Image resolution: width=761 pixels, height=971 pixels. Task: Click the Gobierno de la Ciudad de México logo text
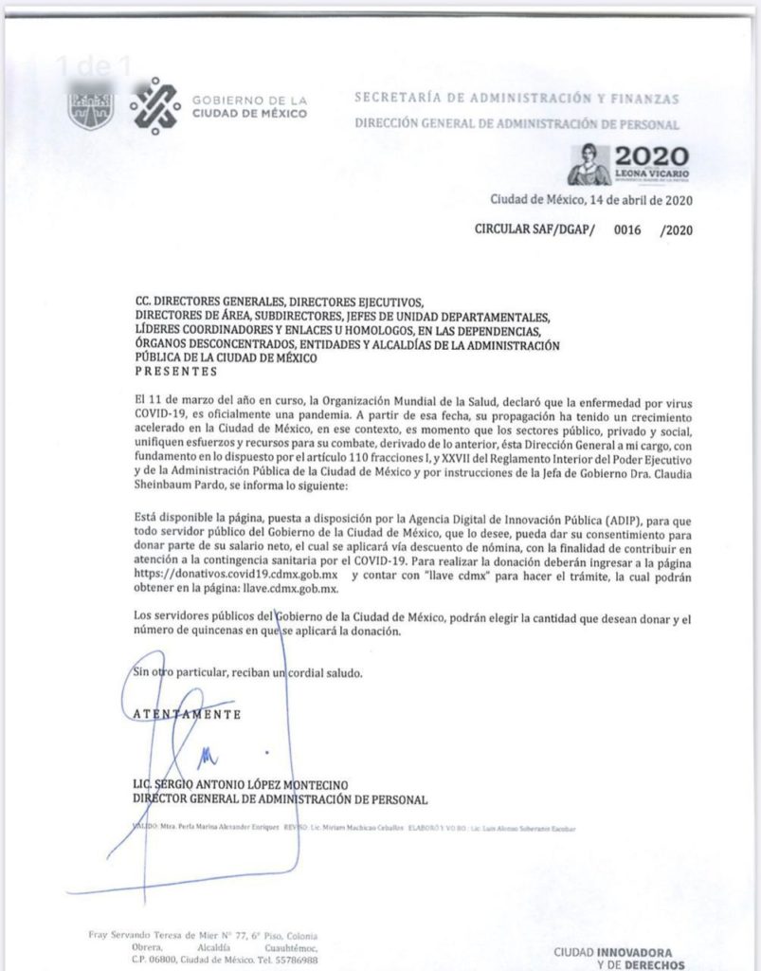coord(248,106)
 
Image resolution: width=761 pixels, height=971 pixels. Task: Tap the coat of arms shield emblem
coord(91,107)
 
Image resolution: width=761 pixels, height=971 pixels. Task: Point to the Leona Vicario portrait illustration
coord(589,164)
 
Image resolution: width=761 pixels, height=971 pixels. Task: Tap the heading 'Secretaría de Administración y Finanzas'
coord(516,98)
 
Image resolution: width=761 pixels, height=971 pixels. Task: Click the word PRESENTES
coord(175,372)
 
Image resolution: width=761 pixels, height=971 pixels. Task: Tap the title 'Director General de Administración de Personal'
coord(281,799)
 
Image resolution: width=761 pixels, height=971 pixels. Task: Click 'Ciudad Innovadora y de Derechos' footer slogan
coord(617,959)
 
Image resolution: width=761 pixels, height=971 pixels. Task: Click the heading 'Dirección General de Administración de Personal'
coord(516,124)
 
